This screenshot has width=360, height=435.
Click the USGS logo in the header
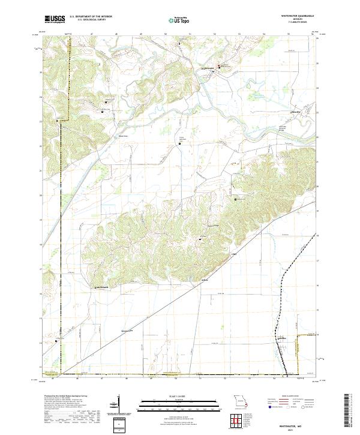[x=55, y=19]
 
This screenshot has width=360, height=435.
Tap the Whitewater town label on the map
[x=207, y=69]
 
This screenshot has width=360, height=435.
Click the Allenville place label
[x=296, y=112]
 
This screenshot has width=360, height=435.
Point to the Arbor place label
[x=205, y=280]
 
